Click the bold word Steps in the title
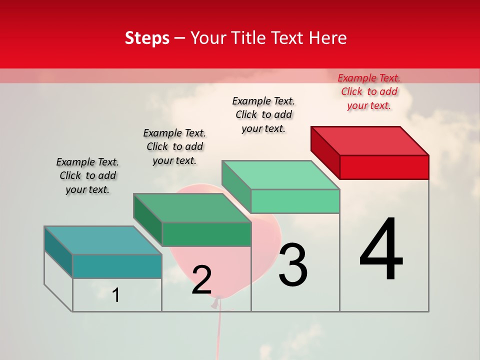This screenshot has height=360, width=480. (147, 38)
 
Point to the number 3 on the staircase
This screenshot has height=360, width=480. (293, 265)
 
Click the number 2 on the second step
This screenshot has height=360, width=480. (201, 280)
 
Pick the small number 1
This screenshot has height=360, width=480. (116, 295)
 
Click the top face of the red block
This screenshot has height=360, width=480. (370, 140)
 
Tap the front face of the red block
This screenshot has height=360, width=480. (384, 167)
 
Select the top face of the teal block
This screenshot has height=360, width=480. (103, 240)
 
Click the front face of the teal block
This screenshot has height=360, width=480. (117, 266)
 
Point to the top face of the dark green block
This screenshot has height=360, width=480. (192, 207)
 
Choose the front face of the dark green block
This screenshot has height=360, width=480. (206, 234)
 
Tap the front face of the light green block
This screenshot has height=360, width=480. (295, 201)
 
